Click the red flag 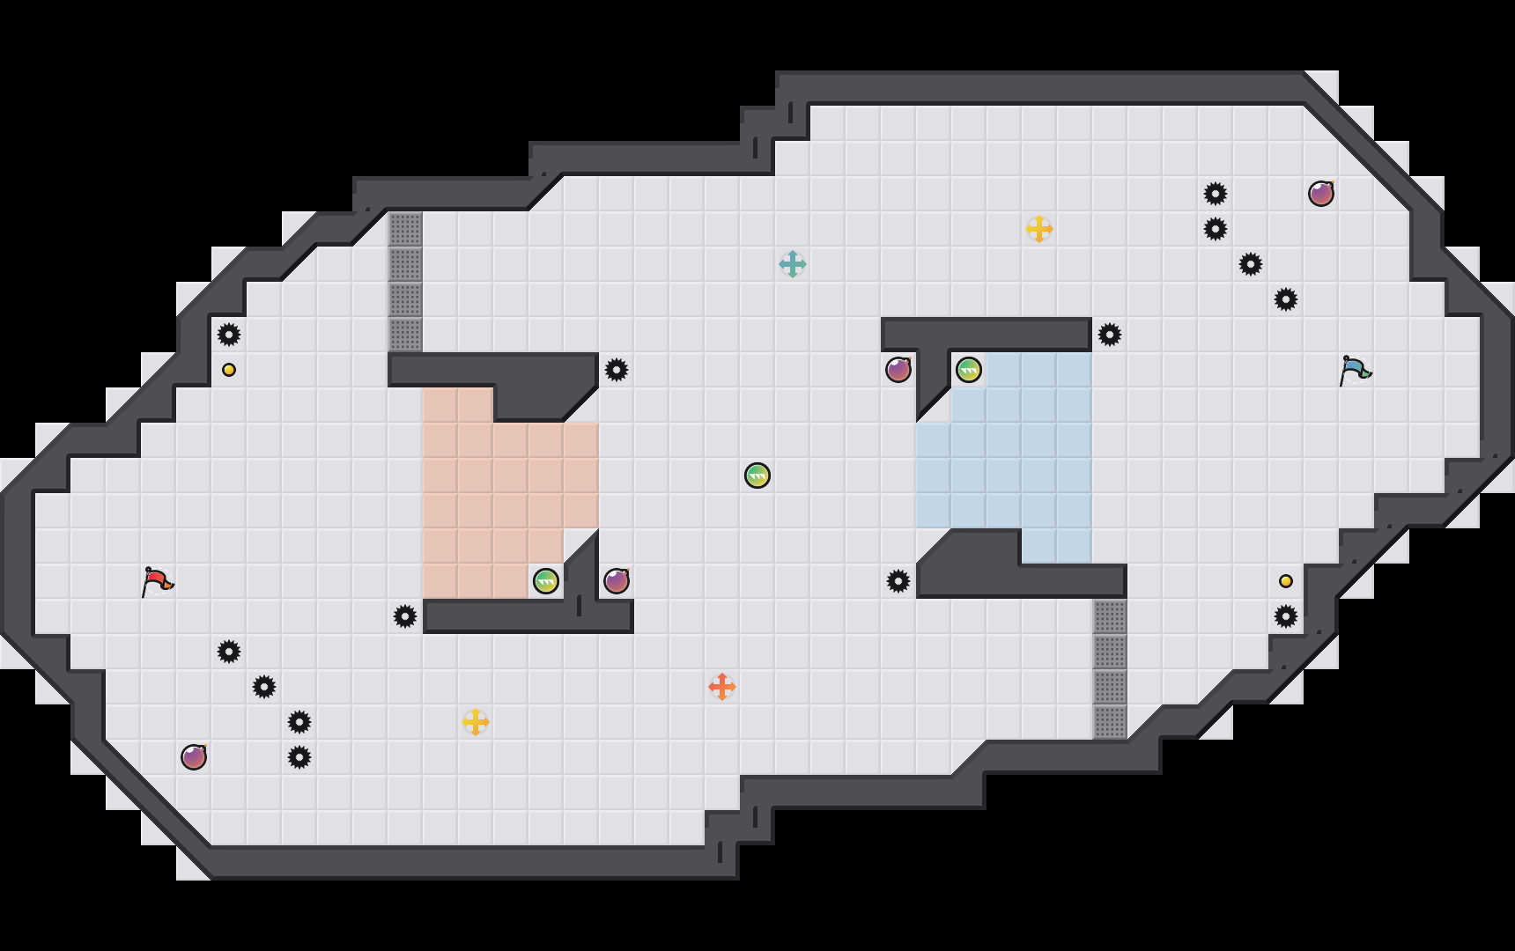(x=157, y=581)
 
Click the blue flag (x=1355, y=370)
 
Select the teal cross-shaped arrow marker (x=793, y=264)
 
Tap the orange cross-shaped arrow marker (x=722, y=687)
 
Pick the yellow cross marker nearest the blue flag (x=1039, y=229)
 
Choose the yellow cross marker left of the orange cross (x=476, y=722)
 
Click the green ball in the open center (x=757, y=475)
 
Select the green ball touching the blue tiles (x=969, y=370)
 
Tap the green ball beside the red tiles (x=546, y=581)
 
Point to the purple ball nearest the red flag (x=194, y=757)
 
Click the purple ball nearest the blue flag (x=1321, y=194)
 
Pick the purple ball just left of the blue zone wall (x=898, y=370)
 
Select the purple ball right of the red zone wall (x=617, y=581)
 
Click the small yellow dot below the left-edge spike (x=229, y=370)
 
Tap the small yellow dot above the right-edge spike (x=1286, y=581)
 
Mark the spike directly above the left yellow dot (x=229, y=335)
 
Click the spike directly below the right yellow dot (x=1286, y=616)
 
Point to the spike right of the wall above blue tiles (x=1110, y=335)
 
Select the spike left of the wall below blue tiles (x=898, y=581)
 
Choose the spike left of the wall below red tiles (x=405, y=616)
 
